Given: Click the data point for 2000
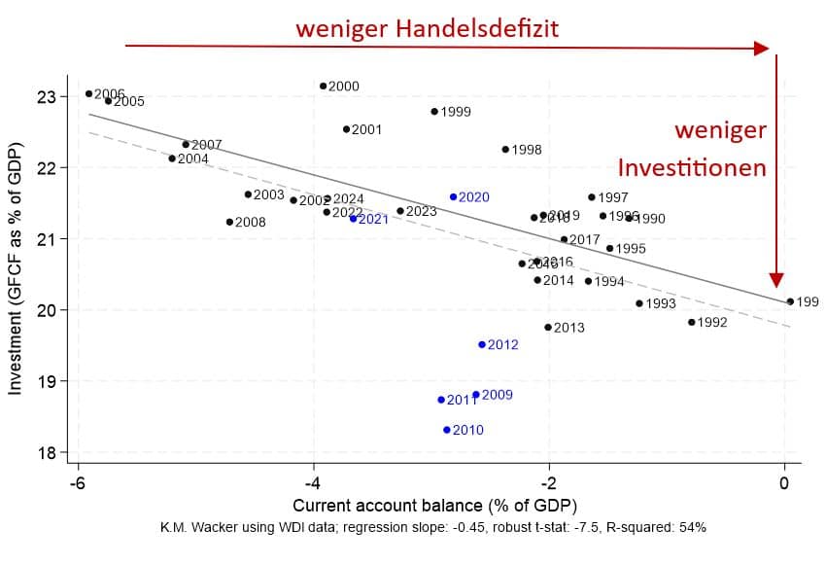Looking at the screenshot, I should [323, 86].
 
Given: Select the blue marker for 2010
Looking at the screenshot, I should [447, 430].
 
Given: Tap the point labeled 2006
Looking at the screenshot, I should [88, 93].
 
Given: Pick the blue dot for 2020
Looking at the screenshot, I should [453, 196].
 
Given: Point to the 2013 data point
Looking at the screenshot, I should [548, 328].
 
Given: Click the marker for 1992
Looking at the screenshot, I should [692, 322].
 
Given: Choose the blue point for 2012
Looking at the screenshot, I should [482, 344].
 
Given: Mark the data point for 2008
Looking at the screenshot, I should [229, 222].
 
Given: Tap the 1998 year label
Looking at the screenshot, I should [526, 150].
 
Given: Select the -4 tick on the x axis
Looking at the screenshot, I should [313, 484].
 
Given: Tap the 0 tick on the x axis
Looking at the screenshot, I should [784, 484].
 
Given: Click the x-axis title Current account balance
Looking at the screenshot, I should [433, 506].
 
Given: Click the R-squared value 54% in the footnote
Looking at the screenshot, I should [692, 527].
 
